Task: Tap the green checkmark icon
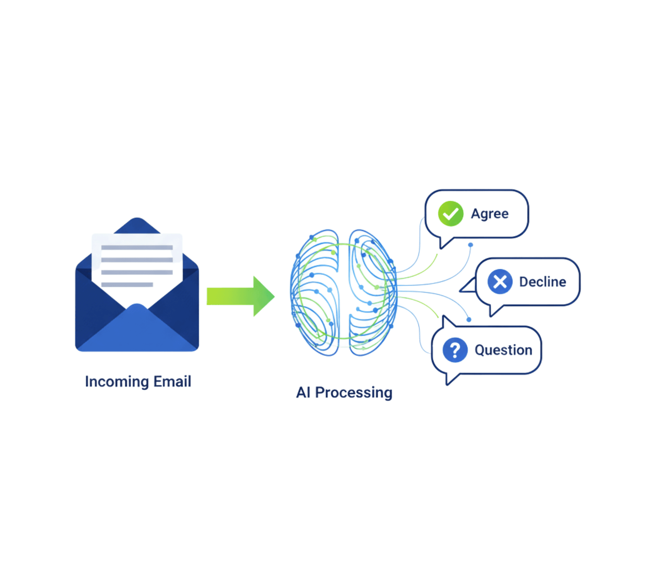point(450,214)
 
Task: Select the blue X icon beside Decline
point(500,282)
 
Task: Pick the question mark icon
point(455,350)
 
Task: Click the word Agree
point(489,214)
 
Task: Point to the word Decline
point(542,282)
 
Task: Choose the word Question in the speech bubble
point(503,350)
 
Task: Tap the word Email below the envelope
point(172,382)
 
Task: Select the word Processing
point(354,392)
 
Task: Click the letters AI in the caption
point(303,392)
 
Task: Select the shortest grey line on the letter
point(127,285)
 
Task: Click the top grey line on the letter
point(137,247)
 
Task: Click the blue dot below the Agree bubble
point(471,245)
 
